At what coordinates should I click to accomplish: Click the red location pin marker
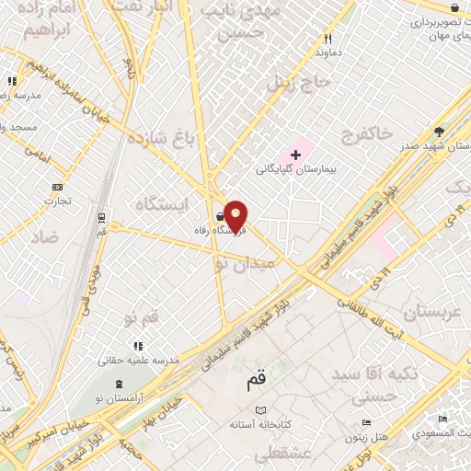tap(236, 216)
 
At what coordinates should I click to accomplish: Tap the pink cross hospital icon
tap(294, 154)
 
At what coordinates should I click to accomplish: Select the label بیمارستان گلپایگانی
tap(296, 170)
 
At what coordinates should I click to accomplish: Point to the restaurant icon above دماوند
tap(327, 40)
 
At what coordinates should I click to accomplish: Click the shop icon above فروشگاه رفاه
tap(219, 217)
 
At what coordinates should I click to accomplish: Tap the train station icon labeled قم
tap(100, 218)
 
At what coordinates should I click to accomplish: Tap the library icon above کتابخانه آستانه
tap(260, 410)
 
